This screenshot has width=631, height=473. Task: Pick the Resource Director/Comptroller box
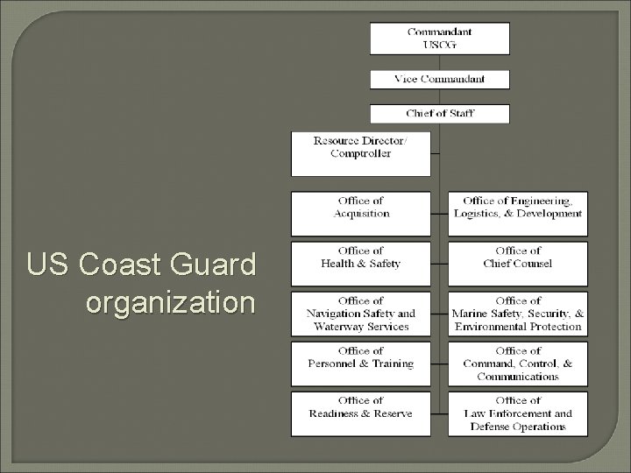361,153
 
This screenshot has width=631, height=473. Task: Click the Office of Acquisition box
361,214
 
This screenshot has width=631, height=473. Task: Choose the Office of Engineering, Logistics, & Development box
518,214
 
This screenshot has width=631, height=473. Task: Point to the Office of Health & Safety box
361,263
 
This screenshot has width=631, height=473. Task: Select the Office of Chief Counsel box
518,263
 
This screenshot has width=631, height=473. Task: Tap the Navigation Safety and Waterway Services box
361,314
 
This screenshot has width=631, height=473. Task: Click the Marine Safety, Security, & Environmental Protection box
518,314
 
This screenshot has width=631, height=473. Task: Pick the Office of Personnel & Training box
361,363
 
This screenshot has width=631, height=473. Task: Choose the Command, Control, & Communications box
518,364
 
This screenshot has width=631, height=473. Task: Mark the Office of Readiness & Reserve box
361,413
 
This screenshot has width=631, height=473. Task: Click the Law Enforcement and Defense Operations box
518,413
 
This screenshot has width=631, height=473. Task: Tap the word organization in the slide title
171,302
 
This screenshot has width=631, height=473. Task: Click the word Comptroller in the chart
361,154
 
